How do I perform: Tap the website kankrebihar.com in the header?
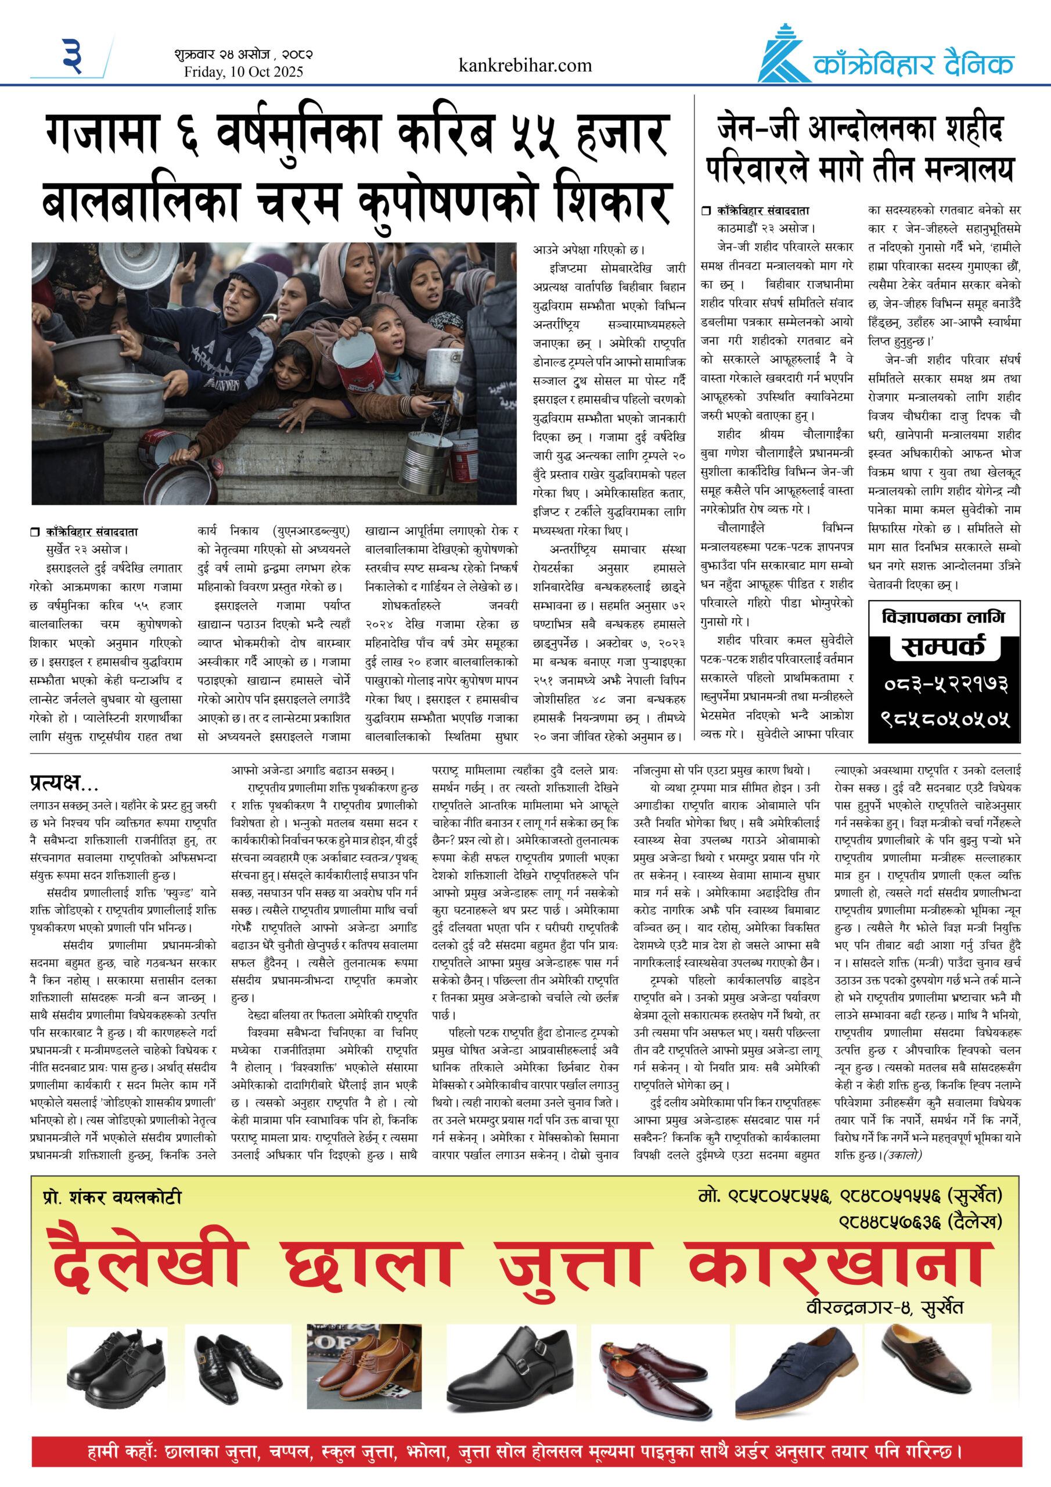524,66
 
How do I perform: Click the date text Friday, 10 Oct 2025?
243,72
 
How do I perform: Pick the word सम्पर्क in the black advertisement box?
944,647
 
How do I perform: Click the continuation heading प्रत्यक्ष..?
63,784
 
